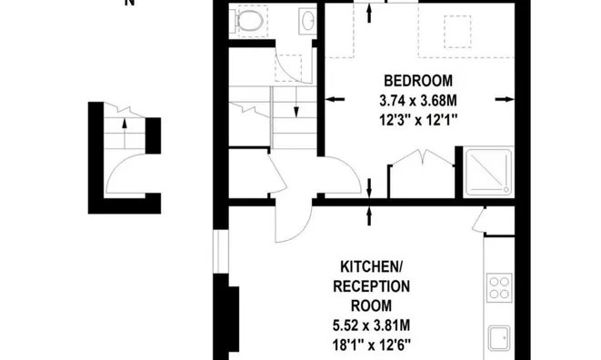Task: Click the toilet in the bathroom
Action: (249, 19)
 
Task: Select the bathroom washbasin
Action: (307, 18)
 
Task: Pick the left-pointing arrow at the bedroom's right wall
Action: (501, 99)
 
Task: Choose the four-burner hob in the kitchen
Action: (500, 288)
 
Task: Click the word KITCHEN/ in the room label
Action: (371, 266)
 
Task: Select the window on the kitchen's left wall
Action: (218, 251)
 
